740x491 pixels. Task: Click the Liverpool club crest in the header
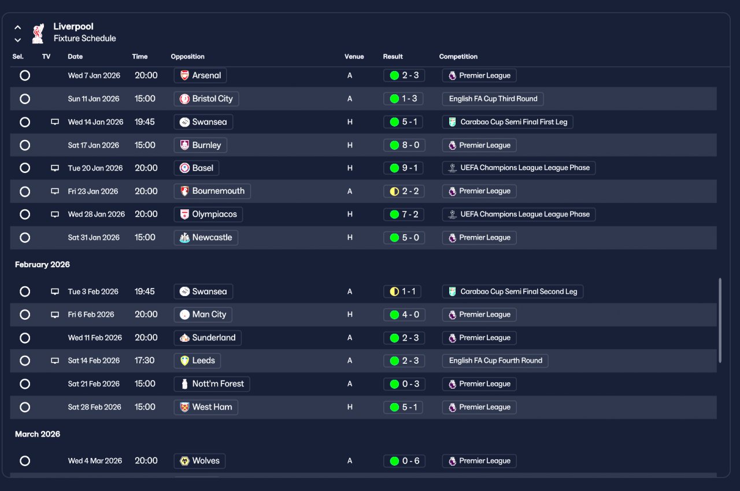point(38,34)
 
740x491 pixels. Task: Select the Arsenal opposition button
point(200,75)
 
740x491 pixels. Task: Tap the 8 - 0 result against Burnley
point(404,145)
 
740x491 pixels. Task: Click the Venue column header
point(354,57)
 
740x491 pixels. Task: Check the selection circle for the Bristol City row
point(25,99)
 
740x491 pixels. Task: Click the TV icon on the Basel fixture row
point(55,168)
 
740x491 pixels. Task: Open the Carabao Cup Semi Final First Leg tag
point(508,122)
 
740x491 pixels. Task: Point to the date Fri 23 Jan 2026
point(93,191)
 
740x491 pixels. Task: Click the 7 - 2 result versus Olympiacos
point(404,215)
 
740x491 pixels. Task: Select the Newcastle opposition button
point(206,238)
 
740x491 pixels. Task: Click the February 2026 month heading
point(42,265)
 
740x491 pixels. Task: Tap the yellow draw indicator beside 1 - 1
point(394,291)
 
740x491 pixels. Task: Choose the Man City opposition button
point(203,315)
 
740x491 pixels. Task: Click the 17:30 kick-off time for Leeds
point(145,360)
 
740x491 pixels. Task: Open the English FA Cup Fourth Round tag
point(495,360)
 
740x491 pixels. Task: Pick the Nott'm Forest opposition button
point(212,384)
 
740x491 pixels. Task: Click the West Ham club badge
point(184,407)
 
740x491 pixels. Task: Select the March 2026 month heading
point(38,434)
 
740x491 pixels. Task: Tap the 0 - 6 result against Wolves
point(404,461)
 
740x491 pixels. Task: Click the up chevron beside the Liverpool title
point(18,27)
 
